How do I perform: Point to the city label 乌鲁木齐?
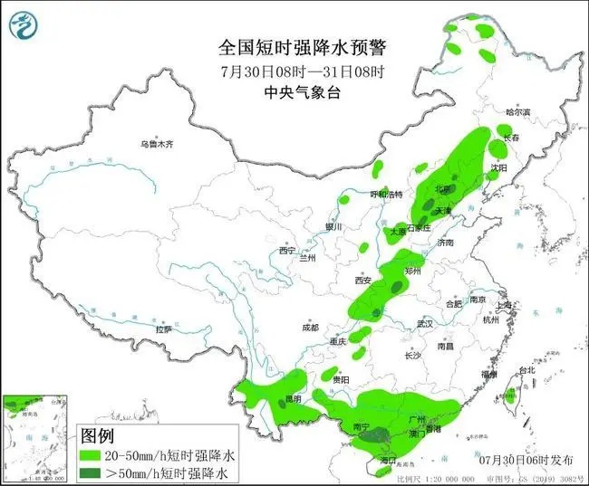(156, 144)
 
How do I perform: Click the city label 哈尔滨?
(517, 112)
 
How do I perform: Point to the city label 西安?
(363, 281)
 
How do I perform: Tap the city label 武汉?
(426, 324)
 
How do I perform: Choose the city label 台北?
(526, 371)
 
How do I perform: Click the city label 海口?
(390, 461)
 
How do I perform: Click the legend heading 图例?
(100, 435)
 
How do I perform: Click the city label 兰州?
(309, 258)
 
